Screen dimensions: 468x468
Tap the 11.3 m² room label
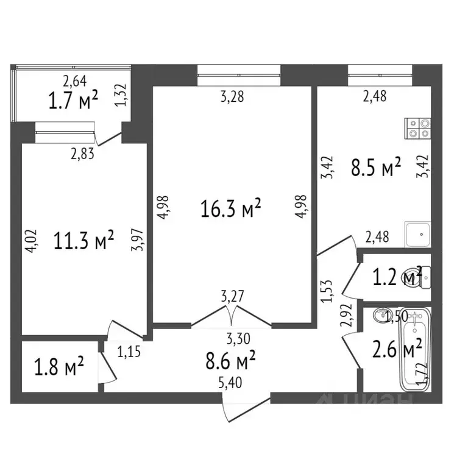pyautogui.click(x=85, y=242)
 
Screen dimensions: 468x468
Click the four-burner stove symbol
pyautogui.click(x=417, y=126)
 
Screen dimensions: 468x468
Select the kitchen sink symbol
pyautogui.click(x=418, y=233)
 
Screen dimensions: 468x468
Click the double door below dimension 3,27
pyautogui.click(x=231, y=315)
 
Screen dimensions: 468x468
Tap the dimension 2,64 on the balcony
pyautogui.click(x=75, y=79)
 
